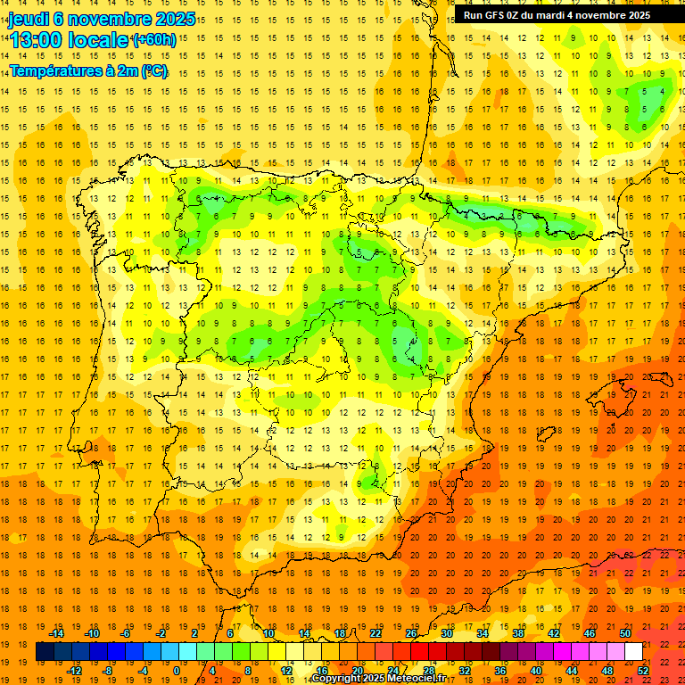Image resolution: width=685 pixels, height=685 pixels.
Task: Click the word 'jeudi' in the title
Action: (28, 19)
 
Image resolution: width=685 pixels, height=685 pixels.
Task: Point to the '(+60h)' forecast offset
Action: (154, 39)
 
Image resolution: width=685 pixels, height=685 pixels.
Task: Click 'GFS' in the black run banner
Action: (498, 15)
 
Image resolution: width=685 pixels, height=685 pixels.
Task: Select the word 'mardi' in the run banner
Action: (558, 15)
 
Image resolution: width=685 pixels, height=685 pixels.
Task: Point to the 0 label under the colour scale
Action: (176, 671)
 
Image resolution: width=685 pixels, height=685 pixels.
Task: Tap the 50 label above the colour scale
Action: (625, 633)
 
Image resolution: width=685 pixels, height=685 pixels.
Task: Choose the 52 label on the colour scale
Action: (643, 671)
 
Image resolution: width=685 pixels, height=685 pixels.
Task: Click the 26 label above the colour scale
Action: (411, 633)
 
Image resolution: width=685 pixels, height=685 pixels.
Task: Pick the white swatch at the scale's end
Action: (633, 652)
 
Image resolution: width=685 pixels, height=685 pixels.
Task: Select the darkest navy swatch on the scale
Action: (45, 652)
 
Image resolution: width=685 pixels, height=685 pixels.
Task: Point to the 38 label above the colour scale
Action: (518, 633)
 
